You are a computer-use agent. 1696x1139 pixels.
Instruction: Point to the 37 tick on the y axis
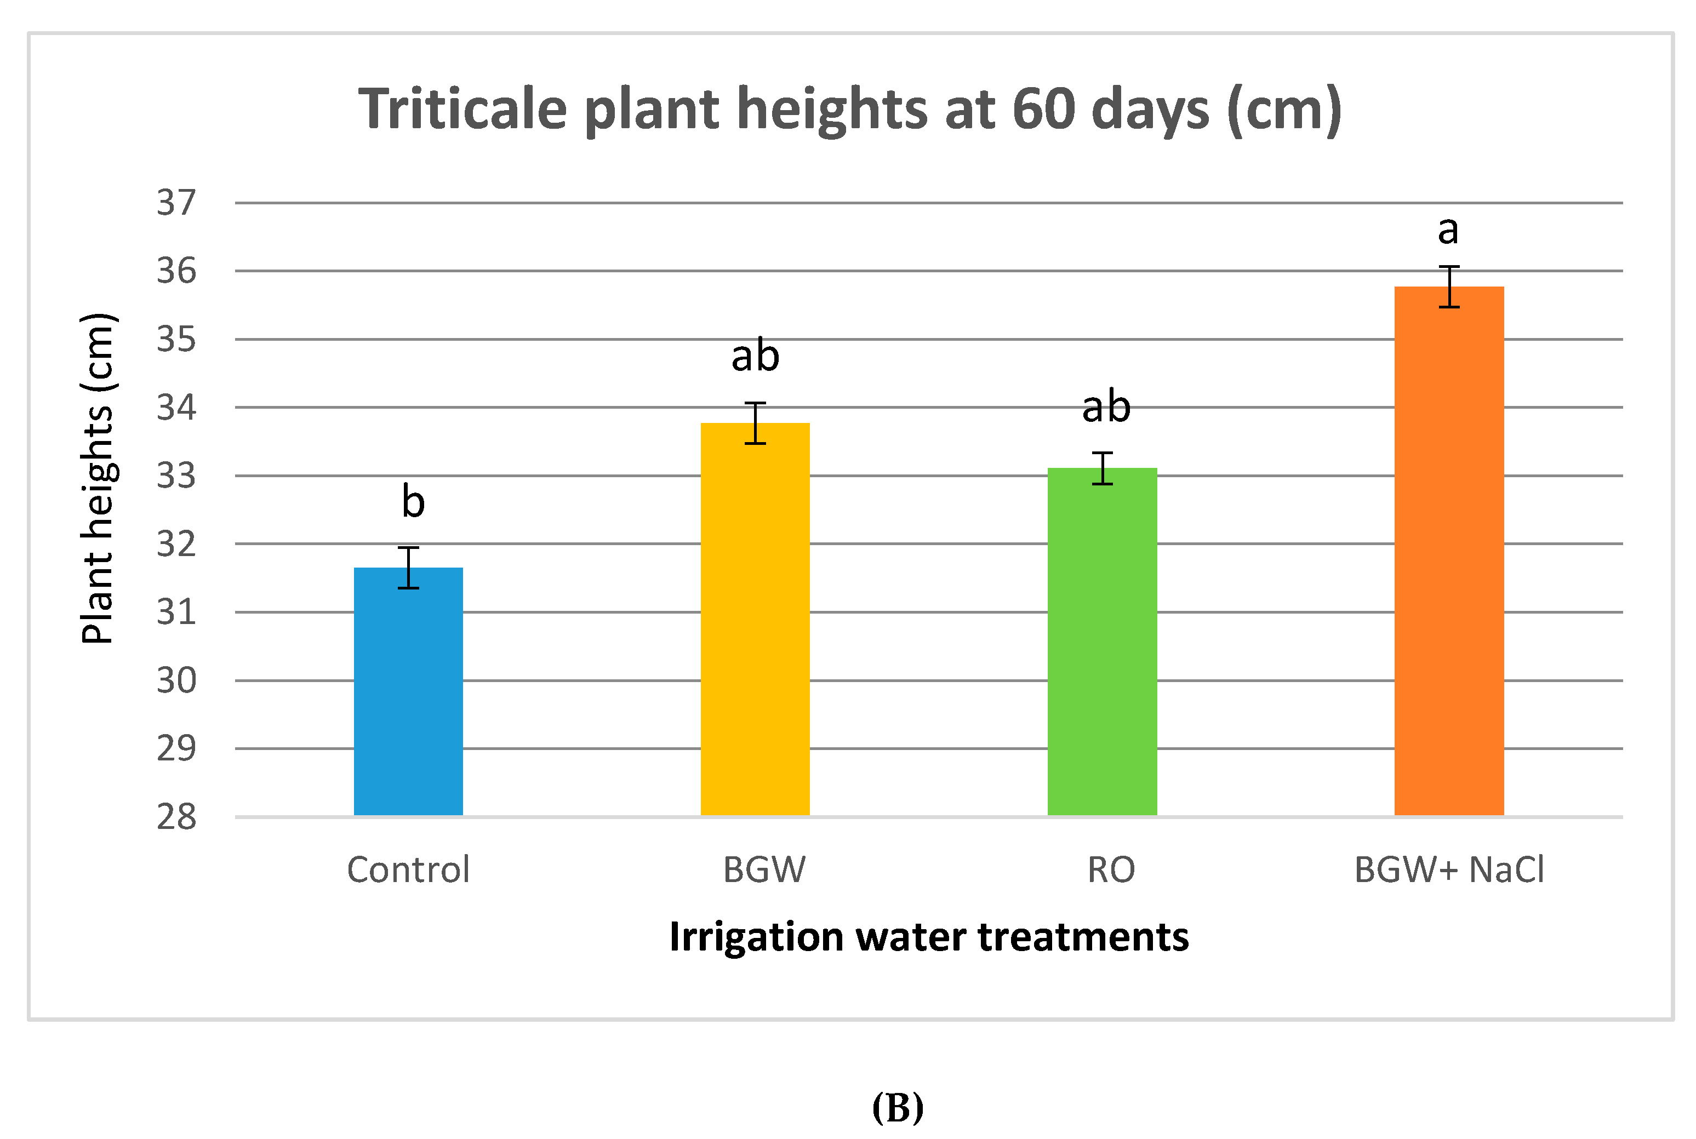(176, 203)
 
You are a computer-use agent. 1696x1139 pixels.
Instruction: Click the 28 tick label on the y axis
(176, 817)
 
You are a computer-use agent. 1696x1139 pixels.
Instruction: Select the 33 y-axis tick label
(176, 476)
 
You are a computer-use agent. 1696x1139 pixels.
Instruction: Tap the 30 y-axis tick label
(176, 680)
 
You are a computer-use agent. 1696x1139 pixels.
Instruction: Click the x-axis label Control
(408, 869)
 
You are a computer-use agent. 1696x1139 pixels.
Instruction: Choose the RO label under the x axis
(1111, 869)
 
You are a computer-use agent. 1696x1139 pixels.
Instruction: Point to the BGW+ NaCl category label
(1449, 869)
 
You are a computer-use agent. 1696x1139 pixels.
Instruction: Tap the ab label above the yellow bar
(756, 356)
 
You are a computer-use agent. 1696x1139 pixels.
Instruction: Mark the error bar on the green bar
(1102, 468)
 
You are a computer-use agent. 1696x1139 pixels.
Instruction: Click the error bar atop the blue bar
(408, 568)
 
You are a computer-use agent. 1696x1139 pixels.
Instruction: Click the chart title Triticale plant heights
(850, 109)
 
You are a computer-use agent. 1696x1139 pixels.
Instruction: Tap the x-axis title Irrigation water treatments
(929, 937)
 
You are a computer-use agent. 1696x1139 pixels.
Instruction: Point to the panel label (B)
(898, 1108)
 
